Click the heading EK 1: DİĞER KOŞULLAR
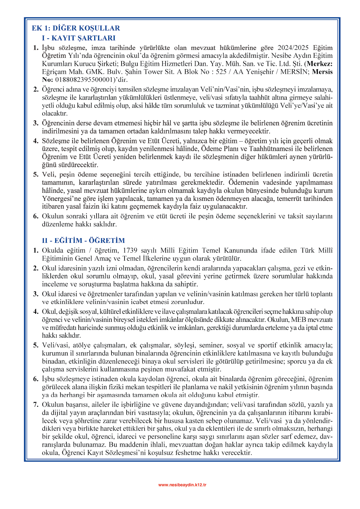(76, 28)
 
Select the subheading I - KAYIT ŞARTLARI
(79, 38)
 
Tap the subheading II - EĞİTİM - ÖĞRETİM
(83, 240)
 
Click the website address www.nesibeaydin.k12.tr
(182, 485)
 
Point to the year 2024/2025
(293, 48)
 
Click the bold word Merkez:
(319, 64)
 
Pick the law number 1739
(130, 250)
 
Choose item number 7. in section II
(36, 405)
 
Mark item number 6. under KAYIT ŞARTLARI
(36, 216)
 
